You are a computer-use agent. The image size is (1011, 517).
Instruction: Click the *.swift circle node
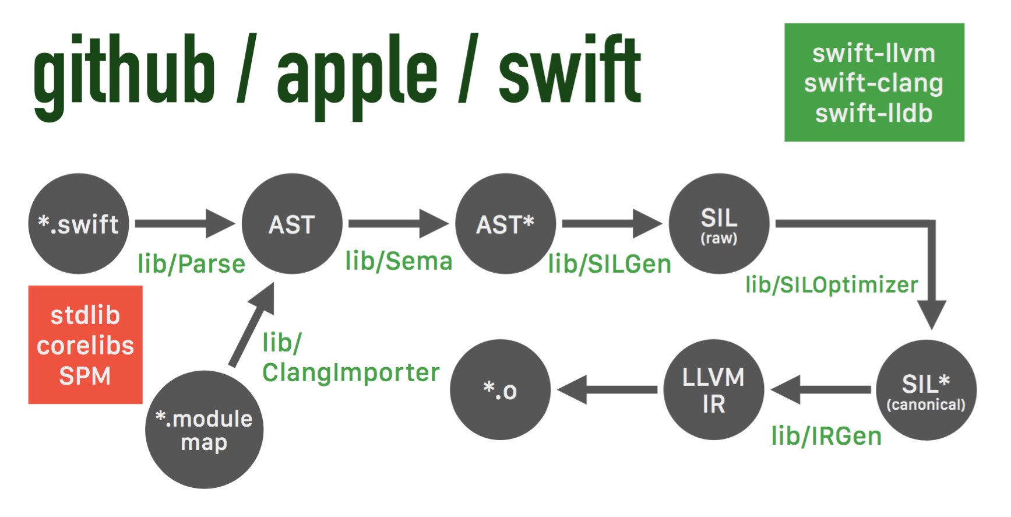coord(79,224)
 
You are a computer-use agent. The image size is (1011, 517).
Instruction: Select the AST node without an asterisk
coord(292,224)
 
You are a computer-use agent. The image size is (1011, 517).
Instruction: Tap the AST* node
coord(505,224)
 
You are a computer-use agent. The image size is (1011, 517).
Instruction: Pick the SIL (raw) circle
coord(719,224)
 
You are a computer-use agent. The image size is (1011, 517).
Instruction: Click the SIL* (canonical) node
coord(926,390)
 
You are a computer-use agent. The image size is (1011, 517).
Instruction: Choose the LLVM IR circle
coord(713,390)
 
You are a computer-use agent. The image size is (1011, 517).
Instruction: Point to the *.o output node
coord(500,390)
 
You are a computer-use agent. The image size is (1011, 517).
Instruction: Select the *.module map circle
coord(204,430)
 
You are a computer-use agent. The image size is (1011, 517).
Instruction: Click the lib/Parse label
coord(192,264)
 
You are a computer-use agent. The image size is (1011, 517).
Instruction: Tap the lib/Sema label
coord(399,261)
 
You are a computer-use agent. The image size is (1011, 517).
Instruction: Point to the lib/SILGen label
coord(610,264)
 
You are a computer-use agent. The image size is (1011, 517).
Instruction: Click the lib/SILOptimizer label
coord(832,285)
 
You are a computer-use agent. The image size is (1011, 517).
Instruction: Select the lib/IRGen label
coord(826,436)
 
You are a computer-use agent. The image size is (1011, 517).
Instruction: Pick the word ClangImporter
coord(351,372)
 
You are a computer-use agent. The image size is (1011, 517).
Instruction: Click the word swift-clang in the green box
coord(873,83)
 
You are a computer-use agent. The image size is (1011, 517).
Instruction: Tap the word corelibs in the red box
coord(85,346)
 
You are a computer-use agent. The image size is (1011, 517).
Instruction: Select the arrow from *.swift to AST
coord(185,224)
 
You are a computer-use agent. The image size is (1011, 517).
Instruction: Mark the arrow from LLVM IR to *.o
coord(607,390)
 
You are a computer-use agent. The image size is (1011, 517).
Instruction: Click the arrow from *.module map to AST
coord(252,325)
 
